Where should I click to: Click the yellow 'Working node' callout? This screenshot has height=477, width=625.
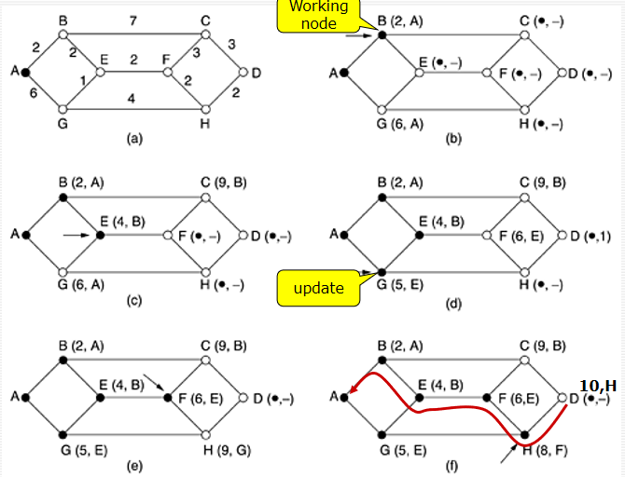coord(319,15)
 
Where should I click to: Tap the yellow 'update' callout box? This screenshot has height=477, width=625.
coord(318,288)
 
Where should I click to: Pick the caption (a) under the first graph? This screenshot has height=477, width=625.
coord(134,139)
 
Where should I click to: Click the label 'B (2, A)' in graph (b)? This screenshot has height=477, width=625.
coord(404,20)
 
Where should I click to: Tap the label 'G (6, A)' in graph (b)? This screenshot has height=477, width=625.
coord(404,124)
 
